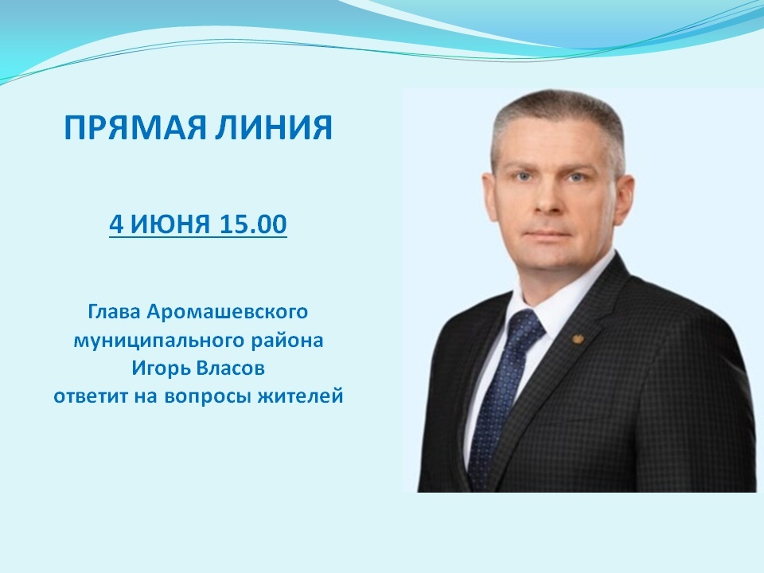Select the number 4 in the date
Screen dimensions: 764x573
(x=116, y=224)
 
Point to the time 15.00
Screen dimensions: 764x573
(x=253, y=224)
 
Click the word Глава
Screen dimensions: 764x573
(x=114, y=312)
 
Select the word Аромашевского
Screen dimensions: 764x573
(x=227, y=312)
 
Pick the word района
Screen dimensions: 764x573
(x=287, y=340)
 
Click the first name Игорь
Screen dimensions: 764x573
(x=160, y=368)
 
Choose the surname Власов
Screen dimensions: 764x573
(x=231, y=368)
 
